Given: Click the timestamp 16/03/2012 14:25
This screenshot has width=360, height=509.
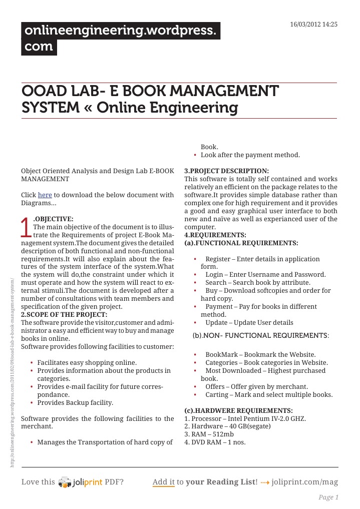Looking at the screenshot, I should (x=314, y=25).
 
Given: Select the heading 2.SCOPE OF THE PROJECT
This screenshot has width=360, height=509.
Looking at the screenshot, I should (x=64, y=314).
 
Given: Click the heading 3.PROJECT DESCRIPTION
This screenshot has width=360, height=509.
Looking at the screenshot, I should (x=226, y=171).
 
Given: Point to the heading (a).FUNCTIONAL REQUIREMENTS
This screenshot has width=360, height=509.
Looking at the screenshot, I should (x=241, y=243).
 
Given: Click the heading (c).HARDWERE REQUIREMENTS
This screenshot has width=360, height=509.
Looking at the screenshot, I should (x=238, y=410).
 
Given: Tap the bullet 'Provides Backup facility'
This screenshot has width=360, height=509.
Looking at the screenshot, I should (x=75, y=402).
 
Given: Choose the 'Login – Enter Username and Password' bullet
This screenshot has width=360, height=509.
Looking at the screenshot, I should (x=265, y=275).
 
